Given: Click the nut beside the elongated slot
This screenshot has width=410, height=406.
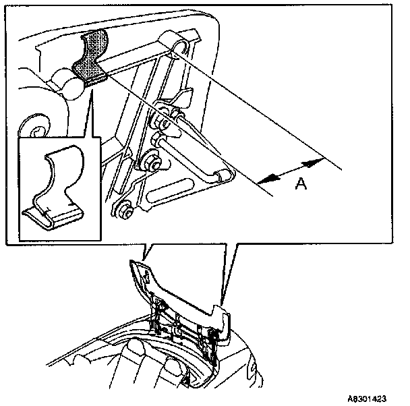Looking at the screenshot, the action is tap(150, 164).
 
